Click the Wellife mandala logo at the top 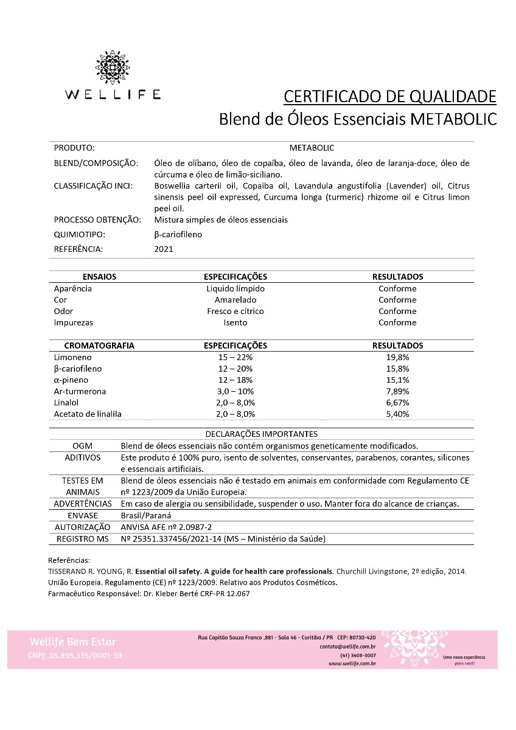113,68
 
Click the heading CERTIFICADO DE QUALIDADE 390,96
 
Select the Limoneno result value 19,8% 397,357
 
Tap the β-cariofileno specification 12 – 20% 235,369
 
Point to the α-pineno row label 71,380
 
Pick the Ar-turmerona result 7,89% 397,391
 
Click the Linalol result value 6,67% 397,403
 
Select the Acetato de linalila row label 88,414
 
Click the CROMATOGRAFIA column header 99,346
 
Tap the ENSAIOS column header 99,277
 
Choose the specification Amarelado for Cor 235,300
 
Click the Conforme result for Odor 397,311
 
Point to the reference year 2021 164,249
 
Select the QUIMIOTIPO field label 80,234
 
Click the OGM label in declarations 83,446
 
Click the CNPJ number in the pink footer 75,655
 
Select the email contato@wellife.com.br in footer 347,646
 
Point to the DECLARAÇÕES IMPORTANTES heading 262,434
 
